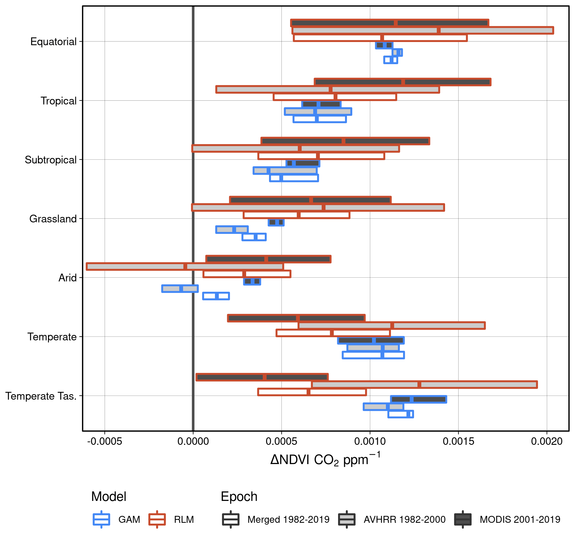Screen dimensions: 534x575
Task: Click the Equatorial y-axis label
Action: point(53,42)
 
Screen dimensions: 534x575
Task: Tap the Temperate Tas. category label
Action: point(41,396)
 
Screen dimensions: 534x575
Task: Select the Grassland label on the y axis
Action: point(53,219)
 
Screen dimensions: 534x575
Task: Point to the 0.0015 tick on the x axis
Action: point(458,441)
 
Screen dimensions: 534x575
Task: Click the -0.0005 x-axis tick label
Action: point(105,441)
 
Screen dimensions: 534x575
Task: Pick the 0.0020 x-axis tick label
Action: point(547,441)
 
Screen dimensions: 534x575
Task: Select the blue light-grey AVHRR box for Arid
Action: point(180,289)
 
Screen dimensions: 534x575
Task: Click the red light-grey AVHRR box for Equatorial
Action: point(423,30)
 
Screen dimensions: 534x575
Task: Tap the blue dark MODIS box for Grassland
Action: point(276,222)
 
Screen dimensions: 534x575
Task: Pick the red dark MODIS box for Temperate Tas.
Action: point(262,377)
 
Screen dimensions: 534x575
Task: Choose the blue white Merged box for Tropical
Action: point(320,119)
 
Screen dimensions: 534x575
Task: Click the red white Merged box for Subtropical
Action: point(321,156)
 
